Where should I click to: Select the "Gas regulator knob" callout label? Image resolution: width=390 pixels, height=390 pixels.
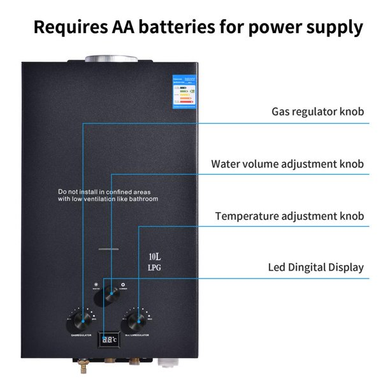point(318,112)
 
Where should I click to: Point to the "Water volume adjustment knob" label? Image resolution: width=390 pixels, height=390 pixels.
point(287,164)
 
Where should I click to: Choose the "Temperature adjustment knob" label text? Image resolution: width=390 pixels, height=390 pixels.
point(289,216)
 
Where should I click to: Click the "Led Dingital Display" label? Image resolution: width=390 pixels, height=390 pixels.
point(316,268)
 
